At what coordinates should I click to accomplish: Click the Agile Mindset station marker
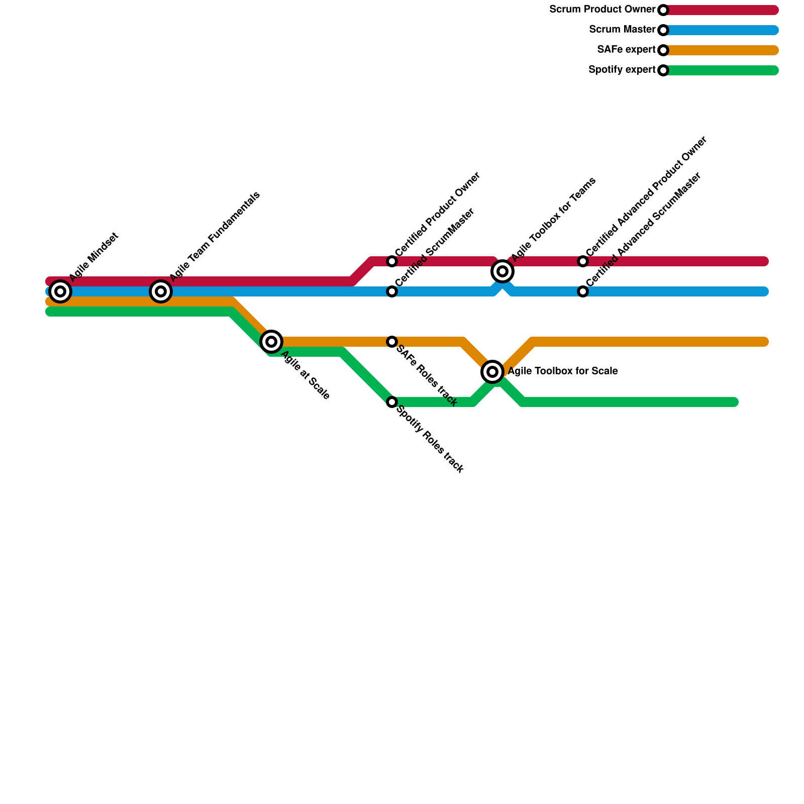coord(60,291)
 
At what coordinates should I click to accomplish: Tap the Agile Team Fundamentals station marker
coord(161,291)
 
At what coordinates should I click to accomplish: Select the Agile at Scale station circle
coord(271,342)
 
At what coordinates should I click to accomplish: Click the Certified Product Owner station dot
coord(392,261)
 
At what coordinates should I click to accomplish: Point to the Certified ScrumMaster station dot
coord(392,291)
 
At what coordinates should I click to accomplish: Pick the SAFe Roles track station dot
coord(392,342)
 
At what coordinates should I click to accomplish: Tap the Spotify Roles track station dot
coord(392,402)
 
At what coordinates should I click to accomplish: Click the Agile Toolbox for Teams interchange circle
coord(502,271)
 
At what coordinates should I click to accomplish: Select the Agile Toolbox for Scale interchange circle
coord(492,372)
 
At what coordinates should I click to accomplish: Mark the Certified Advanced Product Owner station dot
coord(583,261)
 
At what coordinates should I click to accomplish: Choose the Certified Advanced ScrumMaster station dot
coord(583,291)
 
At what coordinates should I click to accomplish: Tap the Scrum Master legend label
coord(622,30)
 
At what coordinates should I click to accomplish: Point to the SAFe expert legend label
coord(626,50)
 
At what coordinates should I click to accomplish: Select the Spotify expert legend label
coord(622,70)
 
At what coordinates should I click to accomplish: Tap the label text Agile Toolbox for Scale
coord(562,371)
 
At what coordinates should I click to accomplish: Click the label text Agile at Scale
coord(305,375)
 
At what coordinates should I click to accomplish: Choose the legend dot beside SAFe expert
coord(663,50)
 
